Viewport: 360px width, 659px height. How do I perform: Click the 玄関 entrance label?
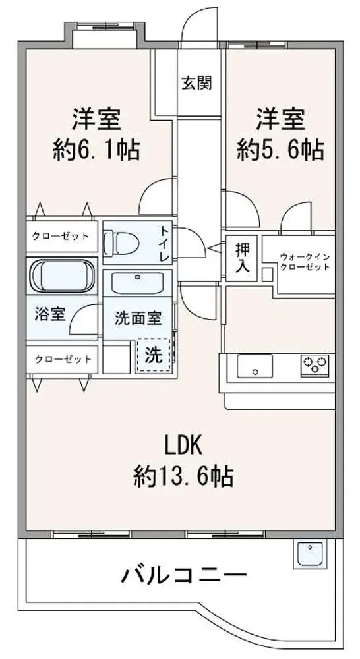click(196, 83)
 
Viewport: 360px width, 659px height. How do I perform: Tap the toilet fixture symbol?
click(119, 243)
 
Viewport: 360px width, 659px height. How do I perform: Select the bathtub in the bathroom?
click(62, 275)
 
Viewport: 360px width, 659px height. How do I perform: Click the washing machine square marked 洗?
click(154, 356)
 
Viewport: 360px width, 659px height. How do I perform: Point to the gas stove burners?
click(315, 365)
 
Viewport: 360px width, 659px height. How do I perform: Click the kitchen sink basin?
click(255, 366)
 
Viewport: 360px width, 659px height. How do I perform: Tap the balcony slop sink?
click(310, 554)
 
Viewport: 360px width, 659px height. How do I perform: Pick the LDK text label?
click(183, 447)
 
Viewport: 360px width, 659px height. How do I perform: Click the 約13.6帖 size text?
click(183, 476)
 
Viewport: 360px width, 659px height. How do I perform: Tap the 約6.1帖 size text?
click(96, 149)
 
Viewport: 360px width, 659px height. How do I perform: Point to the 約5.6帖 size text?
click(280, 149)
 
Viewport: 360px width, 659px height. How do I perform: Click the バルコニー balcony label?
click(183, 575)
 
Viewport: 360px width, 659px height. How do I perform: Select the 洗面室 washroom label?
click(138, 318)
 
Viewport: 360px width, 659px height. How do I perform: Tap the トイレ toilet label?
click(164, 243)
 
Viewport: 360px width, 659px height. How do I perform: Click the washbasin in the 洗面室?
click(137, 283)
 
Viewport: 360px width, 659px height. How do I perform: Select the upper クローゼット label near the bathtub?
click(61, 236)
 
